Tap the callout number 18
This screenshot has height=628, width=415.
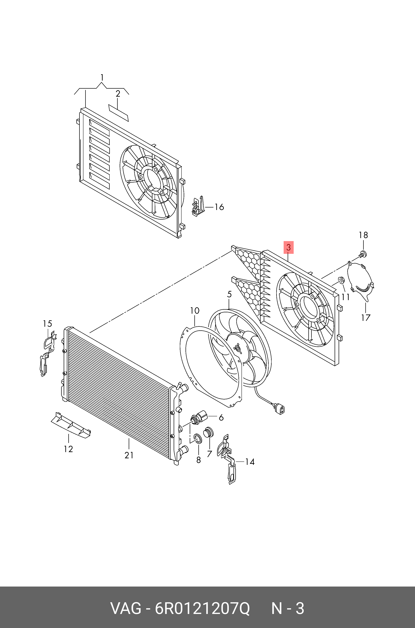click(x=363, y=235)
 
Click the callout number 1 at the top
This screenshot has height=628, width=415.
click(x=102, y=78)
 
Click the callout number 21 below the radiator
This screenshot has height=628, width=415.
click(x=129, y=455)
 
